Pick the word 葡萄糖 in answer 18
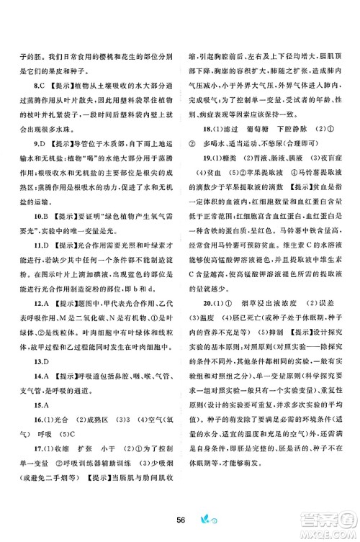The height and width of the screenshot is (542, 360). point(261,149)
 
